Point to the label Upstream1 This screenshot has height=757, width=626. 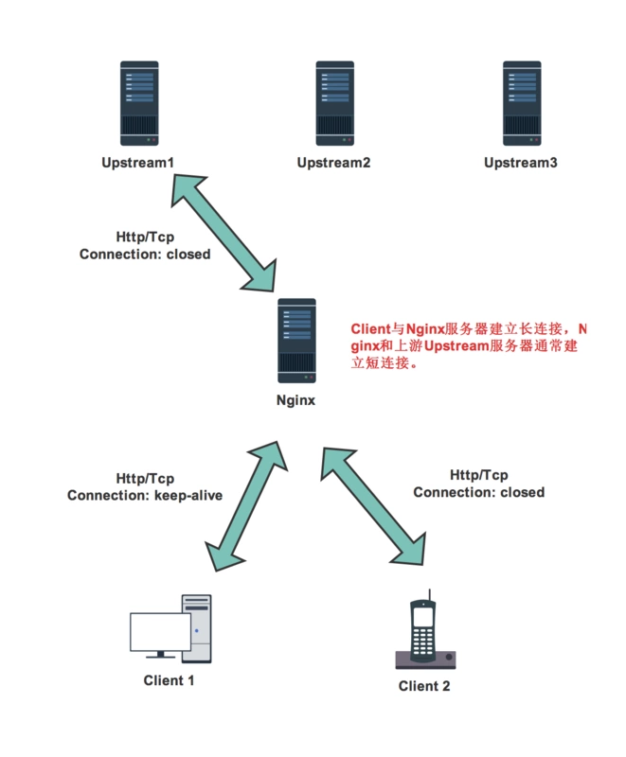pos(138,163)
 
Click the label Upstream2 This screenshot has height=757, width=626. pos(333,163)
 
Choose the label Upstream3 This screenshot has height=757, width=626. pos(521,163)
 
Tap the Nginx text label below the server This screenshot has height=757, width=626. pos(296,400)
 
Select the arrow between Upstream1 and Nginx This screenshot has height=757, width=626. pos(224,232)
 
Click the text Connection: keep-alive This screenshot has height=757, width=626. pos(145,495)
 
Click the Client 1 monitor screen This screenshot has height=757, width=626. pos(160,631)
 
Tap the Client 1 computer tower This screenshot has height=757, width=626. pos(197,628)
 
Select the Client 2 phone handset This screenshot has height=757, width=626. pos(422,627)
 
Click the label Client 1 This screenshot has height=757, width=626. pos(170,679)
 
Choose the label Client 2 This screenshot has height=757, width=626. pos(424,686)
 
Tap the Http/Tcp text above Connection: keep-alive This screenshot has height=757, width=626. pos(145,479)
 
